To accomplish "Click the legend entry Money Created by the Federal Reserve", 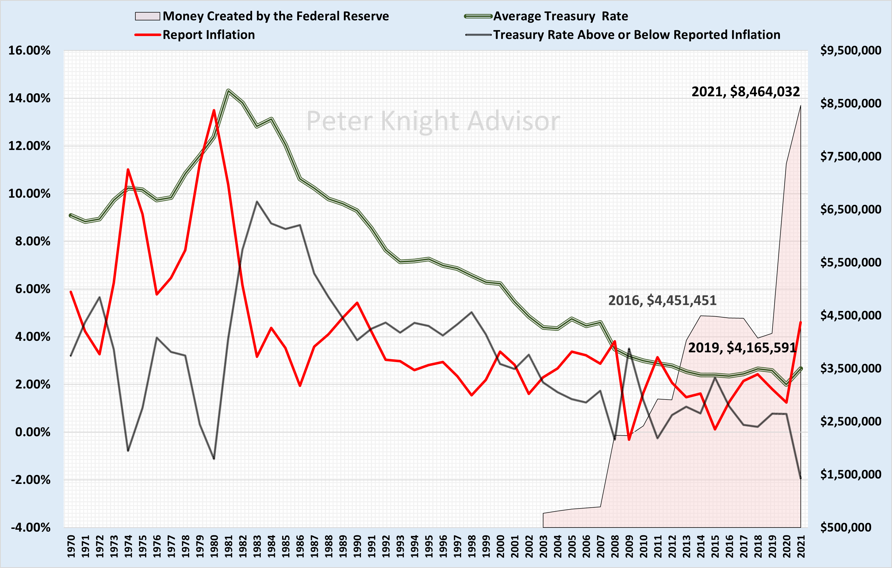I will point(275,16).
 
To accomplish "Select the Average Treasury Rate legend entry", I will point(560,16).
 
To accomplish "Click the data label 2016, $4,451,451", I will point(662,300).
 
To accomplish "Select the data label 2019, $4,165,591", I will point(742,347).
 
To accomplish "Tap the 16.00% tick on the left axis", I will point(29,50).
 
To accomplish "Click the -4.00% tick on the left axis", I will point(30,527).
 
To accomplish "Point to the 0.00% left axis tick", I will point(33,432).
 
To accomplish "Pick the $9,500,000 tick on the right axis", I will point(850,50).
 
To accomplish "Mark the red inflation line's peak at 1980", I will point(214,110).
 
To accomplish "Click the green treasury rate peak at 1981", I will point(228,91).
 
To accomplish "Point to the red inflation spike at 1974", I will point(128,170).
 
